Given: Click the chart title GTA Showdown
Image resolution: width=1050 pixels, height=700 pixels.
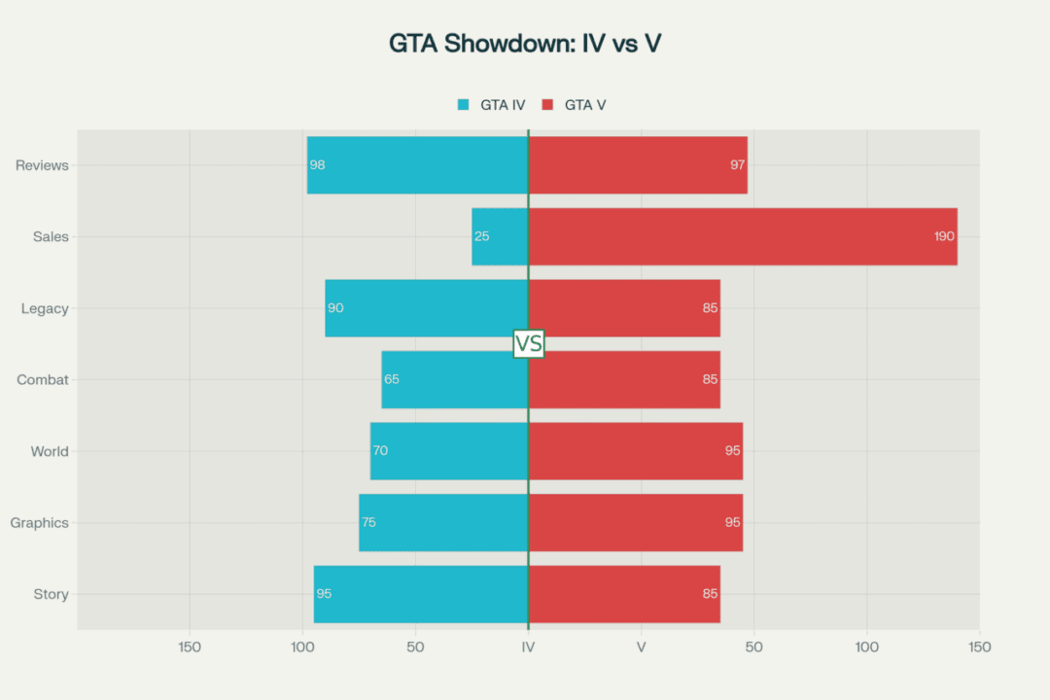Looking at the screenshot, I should pos(525,44).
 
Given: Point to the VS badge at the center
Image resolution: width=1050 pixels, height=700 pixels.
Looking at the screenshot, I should pos(529,343).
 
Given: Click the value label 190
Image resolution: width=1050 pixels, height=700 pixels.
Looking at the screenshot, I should pos(945,236).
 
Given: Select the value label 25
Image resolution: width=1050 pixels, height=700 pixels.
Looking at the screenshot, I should pos(482,236).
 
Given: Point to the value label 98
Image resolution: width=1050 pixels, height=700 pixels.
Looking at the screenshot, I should pos(317,165).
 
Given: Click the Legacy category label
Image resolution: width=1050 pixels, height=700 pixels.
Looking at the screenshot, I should pos(45,308).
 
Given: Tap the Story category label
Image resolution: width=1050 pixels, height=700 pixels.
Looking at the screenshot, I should pos(51,594).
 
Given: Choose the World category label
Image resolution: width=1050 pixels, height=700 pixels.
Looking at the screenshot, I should pos(50,451).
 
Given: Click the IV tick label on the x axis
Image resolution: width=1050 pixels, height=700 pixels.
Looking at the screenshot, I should pos(528,647).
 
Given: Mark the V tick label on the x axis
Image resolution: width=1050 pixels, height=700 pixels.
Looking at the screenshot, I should pos(642,647).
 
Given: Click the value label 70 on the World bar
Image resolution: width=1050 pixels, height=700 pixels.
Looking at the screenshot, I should pos(380,451).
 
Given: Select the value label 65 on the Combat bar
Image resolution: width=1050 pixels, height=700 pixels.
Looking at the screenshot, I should pos(392,379).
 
